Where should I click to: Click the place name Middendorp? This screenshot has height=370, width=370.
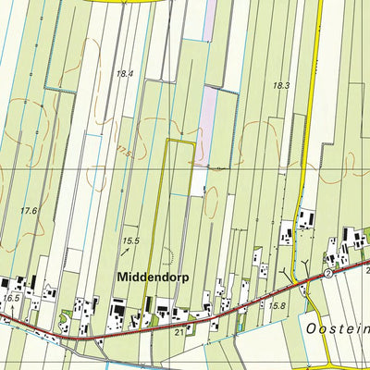tap(154, 276)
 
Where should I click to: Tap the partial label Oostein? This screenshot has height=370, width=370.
tap(335, 329)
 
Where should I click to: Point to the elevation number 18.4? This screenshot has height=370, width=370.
tap(125, 73)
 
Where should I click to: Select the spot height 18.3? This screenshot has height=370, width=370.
tap(282, 85)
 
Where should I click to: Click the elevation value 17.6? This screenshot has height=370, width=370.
tap(29, 211)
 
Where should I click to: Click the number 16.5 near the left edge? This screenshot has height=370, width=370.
tap(11, 299)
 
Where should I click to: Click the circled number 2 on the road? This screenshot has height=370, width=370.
tap(327, 274)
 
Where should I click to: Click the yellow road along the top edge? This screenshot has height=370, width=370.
tap(120, 3)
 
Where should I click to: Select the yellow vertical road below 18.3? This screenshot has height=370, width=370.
tap(312, 139)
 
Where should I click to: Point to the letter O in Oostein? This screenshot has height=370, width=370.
tap(310, 329)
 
